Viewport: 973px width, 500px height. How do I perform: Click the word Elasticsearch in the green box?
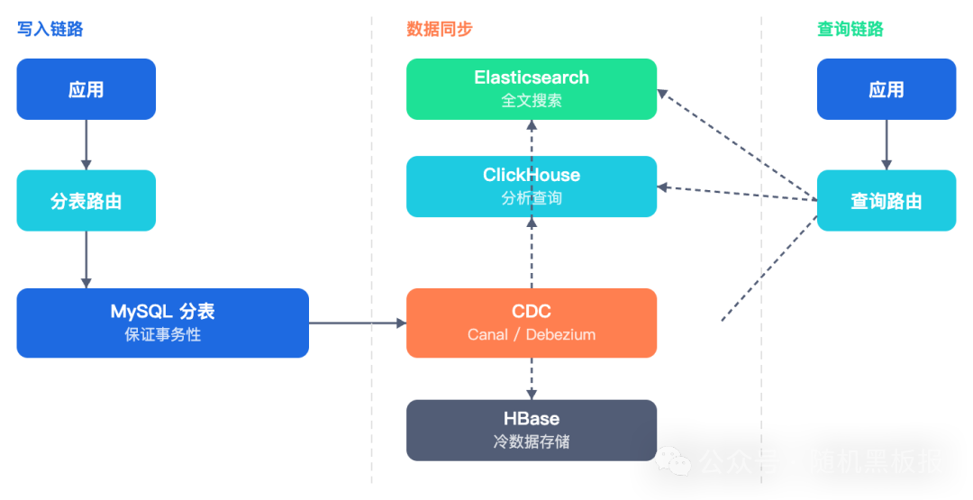click(x=532, y=77)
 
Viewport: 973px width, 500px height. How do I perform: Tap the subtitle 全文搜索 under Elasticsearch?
click(x=532, y=101)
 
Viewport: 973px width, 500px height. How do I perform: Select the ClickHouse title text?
click(x=532, y=175)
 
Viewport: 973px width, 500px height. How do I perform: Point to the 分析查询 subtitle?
click(x=532, y=198)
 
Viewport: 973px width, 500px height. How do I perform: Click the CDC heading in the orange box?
click(x=532, y=312)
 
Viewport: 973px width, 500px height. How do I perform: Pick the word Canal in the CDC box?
click(x=488, y=334)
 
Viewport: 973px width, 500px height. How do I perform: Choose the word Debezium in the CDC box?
click(x=560, y=334)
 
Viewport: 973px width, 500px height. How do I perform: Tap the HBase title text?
click(x=532, y=419)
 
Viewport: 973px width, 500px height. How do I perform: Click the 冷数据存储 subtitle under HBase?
click(x=532, y=442)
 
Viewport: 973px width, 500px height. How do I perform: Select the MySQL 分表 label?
click(x=162, y=312)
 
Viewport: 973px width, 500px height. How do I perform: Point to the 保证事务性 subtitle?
click(x=162, y=335)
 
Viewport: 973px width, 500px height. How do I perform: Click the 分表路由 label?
click(x=86, y=202)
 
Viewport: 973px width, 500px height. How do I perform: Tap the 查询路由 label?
click(x=887, y=202)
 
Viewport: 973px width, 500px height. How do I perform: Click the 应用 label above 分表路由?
click(x=86, y=90)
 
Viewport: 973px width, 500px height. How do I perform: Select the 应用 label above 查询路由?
click(x=887, y=90)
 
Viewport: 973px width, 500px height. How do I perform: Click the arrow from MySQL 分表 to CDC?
click(x=357, y=323)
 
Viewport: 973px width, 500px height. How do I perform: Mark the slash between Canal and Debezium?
click(x=517, y=334)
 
